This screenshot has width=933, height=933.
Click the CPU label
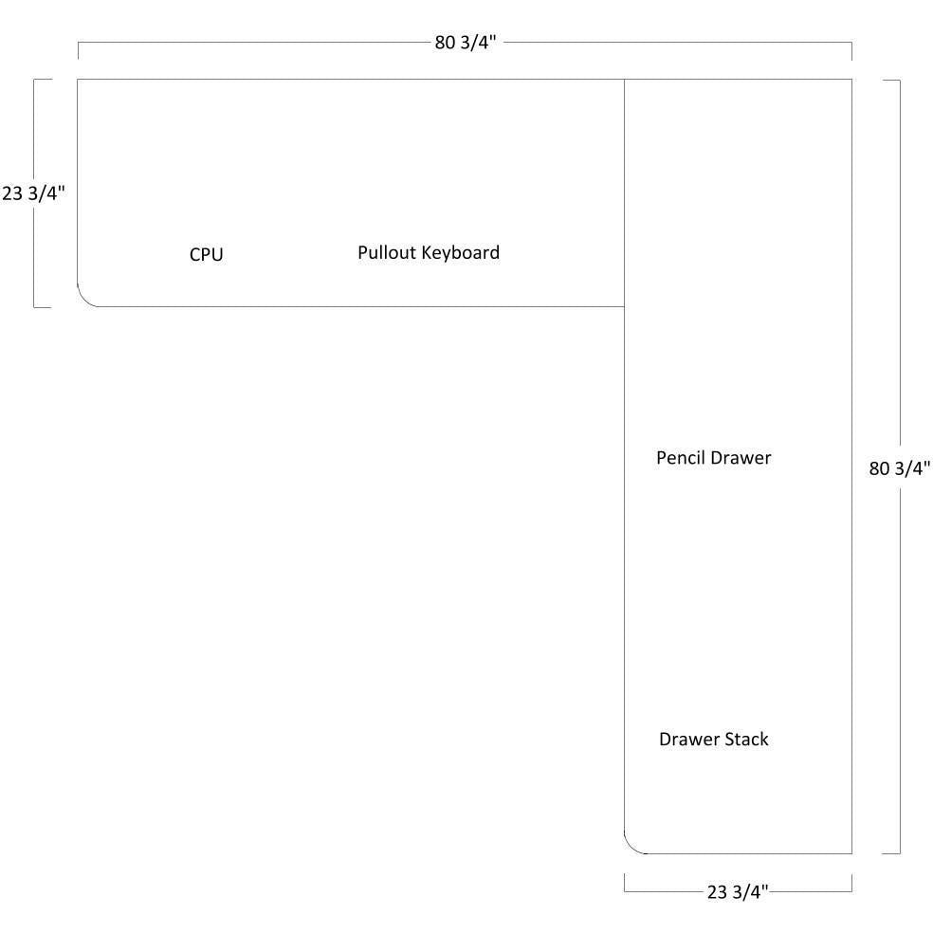(x=206, y=254)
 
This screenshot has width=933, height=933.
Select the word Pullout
(x=387, y=252)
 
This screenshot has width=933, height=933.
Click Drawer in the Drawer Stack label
(x=687, y=739)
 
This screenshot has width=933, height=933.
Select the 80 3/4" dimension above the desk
(x=465, y=44)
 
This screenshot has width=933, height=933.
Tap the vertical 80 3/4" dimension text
(x=900, y=467)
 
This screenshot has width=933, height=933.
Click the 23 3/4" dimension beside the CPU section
(x=33, y=193)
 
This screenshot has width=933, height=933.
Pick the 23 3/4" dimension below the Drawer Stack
(x=738, y=891)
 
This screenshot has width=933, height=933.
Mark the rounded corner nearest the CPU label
(x=85, y=299)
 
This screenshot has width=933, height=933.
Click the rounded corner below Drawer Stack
(x=631, y=846)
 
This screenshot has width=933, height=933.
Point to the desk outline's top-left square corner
(x=78, y=80)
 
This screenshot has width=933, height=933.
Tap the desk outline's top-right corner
(x=851, y=80)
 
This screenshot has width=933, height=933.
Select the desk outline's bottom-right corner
(x=851, y=853)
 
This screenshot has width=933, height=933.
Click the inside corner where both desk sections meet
(x=624, y=306)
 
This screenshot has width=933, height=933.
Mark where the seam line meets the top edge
(x=624, y=80)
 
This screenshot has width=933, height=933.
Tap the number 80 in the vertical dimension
(x=879, y=467)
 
